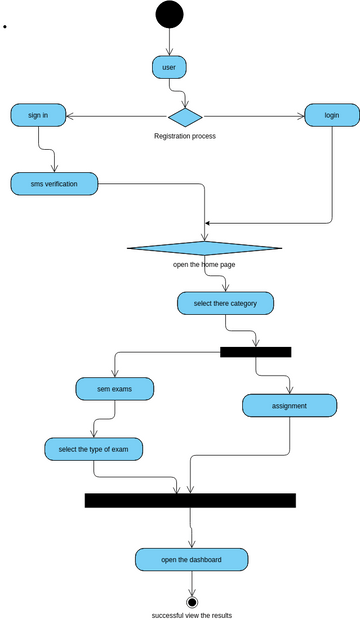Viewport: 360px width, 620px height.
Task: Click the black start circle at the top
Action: point(169,14)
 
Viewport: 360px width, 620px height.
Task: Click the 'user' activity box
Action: point(169,67)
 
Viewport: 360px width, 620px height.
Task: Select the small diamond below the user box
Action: point(185,116)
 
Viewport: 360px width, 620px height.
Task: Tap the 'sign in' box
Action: point(39,115)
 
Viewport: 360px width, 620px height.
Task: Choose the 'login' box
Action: point(331,115)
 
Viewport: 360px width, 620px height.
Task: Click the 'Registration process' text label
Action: point(185,136)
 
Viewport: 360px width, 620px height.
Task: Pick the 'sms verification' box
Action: point(54,184)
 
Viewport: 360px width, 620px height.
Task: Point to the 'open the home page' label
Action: point(204,265)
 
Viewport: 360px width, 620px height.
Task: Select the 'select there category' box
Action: point(225,303)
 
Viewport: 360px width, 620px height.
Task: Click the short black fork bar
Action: point(255,352)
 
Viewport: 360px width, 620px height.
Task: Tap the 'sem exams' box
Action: point(114,388)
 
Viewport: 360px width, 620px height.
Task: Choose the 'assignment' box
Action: point(289,406)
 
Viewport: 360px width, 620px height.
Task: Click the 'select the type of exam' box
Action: point(93,450)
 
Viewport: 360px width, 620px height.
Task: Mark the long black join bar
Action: point(190,500)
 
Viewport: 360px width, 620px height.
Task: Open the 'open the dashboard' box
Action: point(192,559)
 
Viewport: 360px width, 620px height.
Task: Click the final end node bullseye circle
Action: point(192,602)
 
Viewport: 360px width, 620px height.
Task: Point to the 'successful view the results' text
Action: point(192,615)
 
